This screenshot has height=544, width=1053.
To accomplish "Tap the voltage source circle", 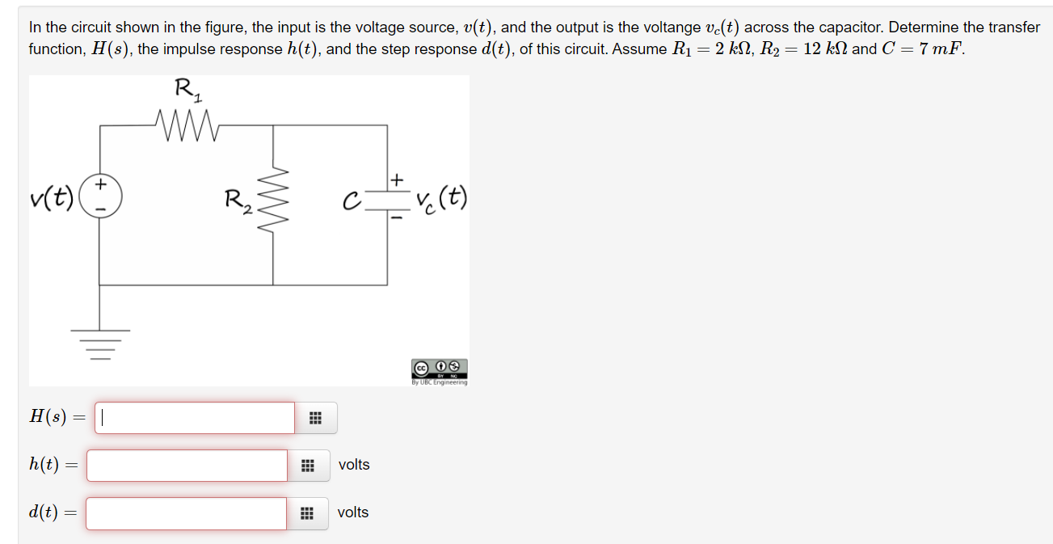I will pos(100,196).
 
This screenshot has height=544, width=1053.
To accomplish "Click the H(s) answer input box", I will pos(195,418).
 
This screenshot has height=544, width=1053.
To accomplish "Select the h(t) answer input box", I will pos(187,466).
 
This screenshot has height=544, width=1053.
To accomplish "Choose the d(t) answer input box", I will pos(186,513).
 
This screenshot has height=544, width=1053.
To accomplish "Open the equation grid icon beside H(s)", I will pos(315,418).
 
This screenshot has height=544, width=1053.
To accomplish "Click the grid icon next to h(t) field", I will pos(308,466).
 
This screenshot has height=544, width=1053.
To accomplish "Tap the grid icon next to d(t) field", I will pos(307,513).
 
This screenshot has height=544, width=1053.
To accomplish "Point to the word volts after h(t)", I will pos(354,465).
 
